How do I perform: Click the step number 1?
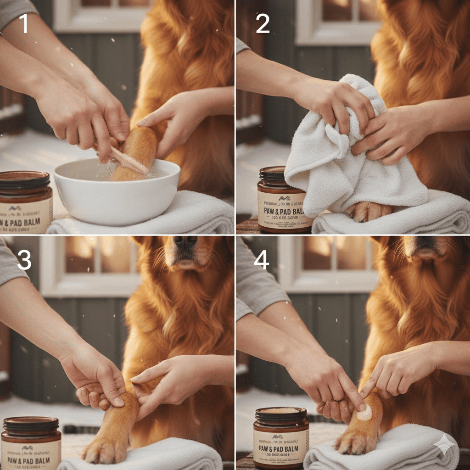tap(24, 24)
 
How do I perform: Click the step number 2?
tap(262, 24)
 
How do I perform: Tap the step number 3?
tap(24, 260)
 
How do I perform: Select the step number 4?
tap(261, 260)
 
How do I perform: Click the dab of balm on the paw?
tap(365, 413)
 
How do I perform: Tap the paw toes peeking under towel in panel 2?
tap(367, 211)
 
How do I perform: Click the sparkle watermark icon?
tap(444, 444)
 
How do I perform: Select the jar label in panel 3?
tap(30, 454)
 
